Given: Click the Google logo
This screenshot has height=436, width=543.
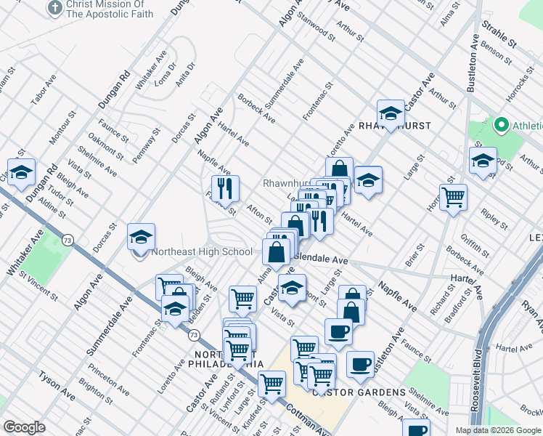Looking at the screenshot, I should click(24, 427).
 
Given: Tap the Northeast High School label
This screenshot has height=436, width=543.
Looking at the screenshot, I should click(202, 252).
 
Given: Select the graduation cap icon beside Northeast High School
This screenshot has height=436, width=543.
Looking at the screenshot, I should click(141, 236).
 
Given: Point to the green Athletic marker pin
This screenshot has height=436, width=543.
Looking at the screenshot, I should click(500, 126).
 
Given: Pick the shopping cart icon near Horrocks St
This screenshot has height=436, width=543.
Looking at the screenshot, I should click(453, 196).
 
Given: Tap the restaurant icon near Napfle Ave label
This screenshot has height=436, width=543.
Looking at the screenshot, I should click(225, 188).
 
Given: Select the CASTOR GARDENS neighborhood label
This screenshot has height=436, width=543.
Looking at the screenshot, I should click(359, 392).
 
